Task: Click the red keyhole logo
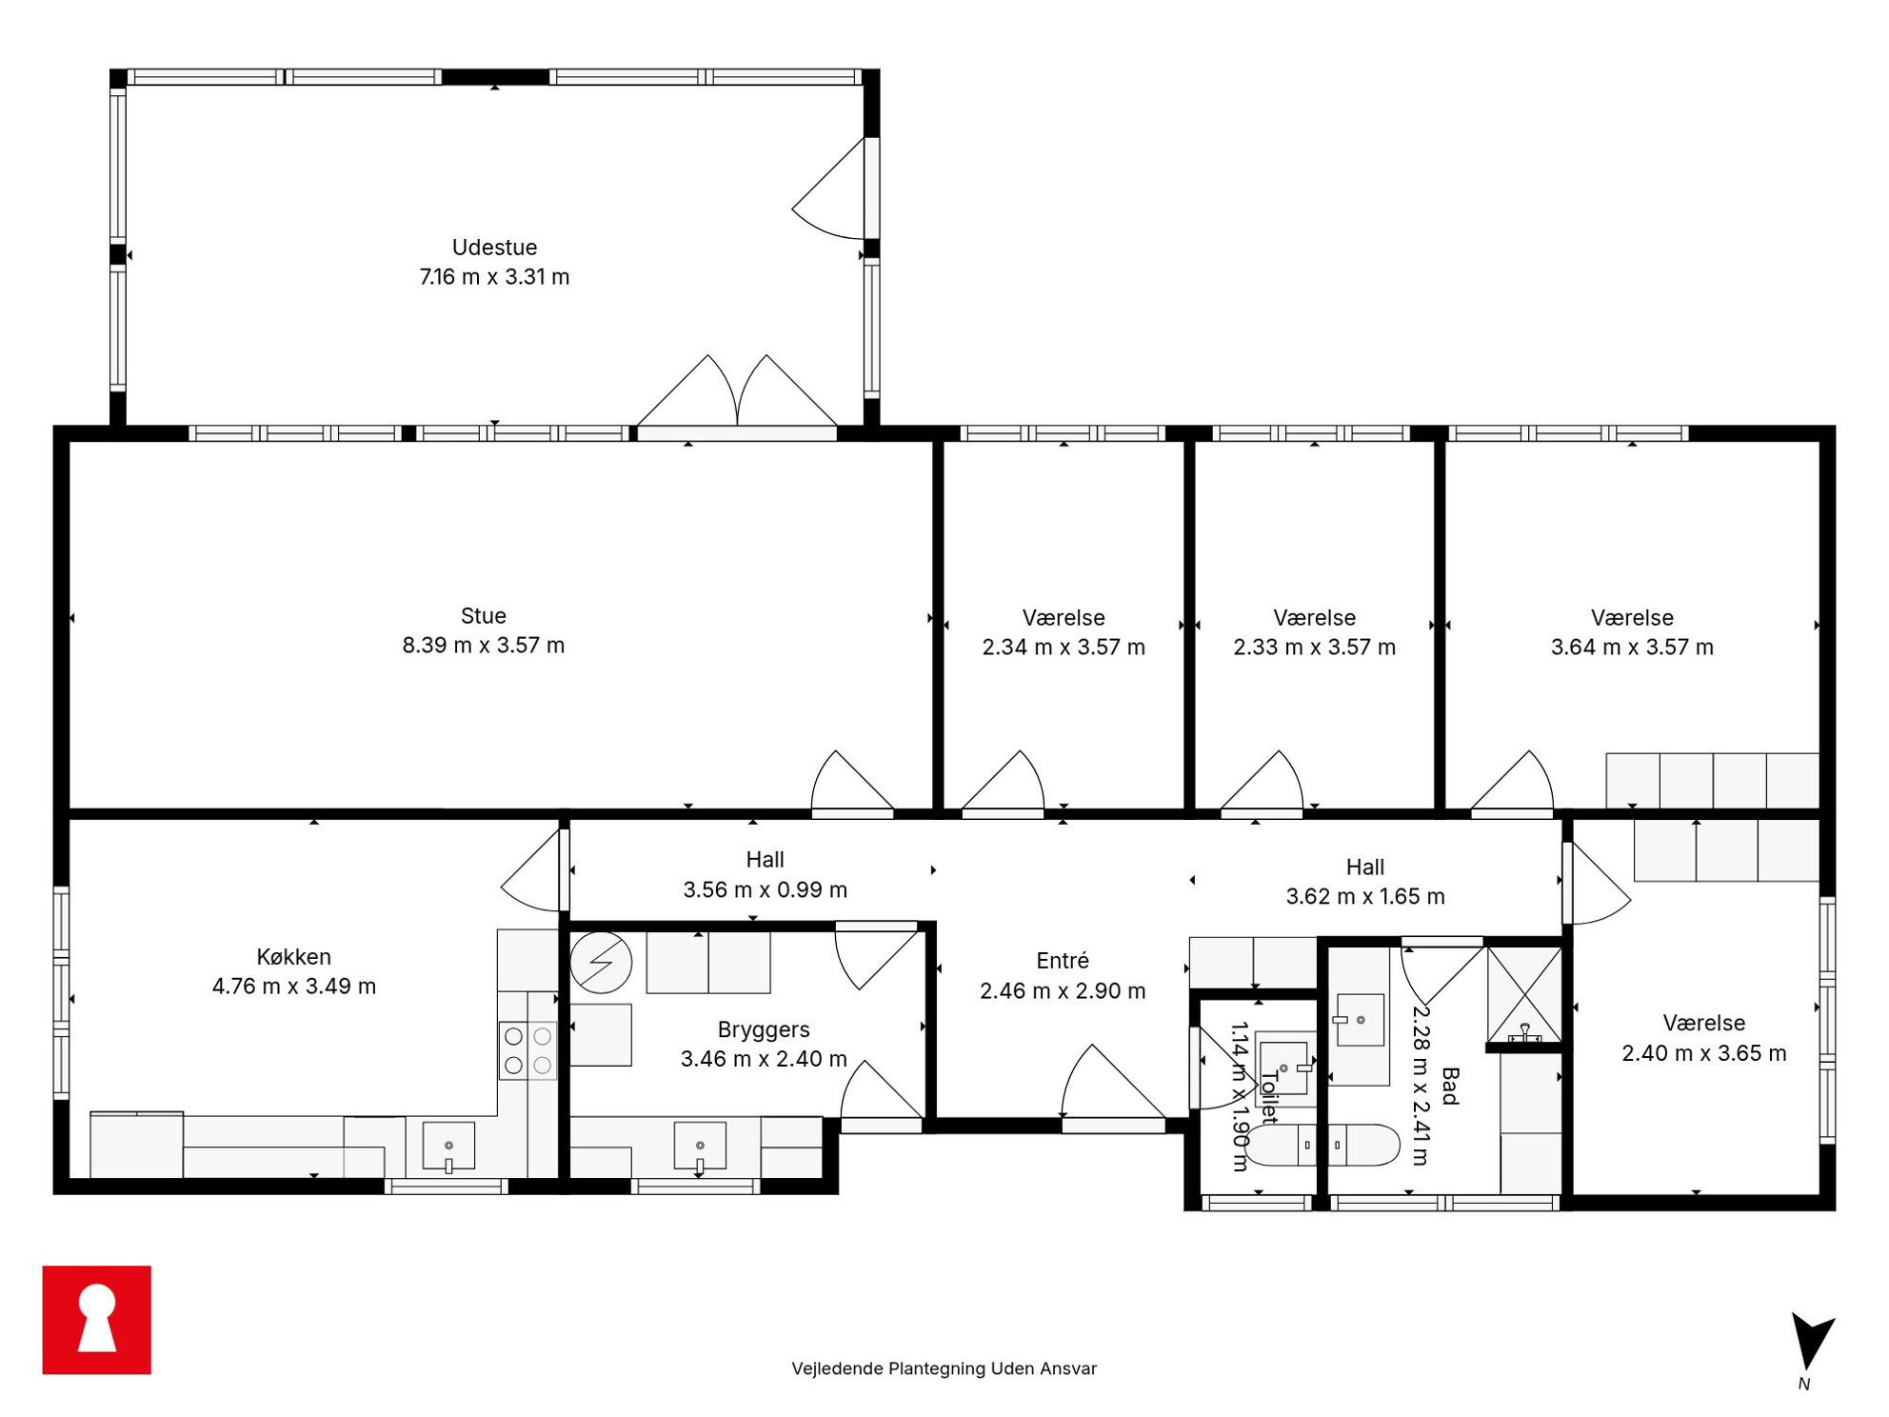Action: pos(96,1319)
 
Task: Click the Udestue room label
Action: pos(494,248)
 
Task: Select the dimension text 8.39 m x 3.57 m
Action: pos(484,646)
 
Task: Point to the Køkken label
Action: pos(293,957)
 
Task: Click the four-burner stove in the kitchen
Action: pos(527,1050)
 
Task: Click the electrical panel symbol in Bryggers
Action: pos(601,963)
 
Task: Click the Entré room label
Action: pos(1063,961)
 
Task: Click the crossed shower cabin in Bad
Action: pos(1524,994)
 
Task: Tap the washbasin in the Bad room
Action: pos(1360,1020)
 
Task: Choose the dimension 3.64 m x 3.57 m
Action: pos(1632,648)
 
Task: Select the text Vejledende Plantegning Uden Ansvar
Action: pos(944,1368)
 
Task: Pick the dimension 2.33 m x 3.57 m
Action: pos(1315,648)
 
